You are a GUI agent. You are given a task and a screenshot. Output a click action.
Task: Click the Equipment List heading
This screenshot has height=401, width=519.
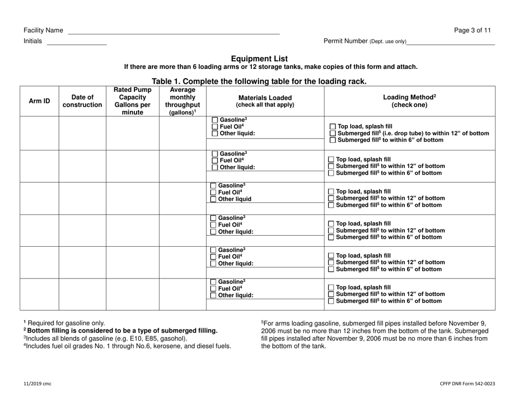[259, 59]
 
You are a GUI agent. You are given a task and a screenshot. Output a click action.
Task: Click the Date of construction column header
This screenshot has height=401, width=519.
[82, 101]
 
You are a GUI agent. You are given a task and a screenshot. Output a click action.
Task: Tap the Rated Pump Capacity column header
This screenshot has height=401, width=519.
[132, 101]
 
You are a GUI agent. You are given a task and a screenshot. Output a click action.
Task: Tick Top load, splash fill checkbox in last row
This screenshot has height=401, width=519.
[332, 287]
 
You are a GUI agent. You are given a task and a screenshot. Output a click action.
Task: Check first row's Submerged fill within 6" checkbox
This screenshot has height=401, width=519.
[332, 141]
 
